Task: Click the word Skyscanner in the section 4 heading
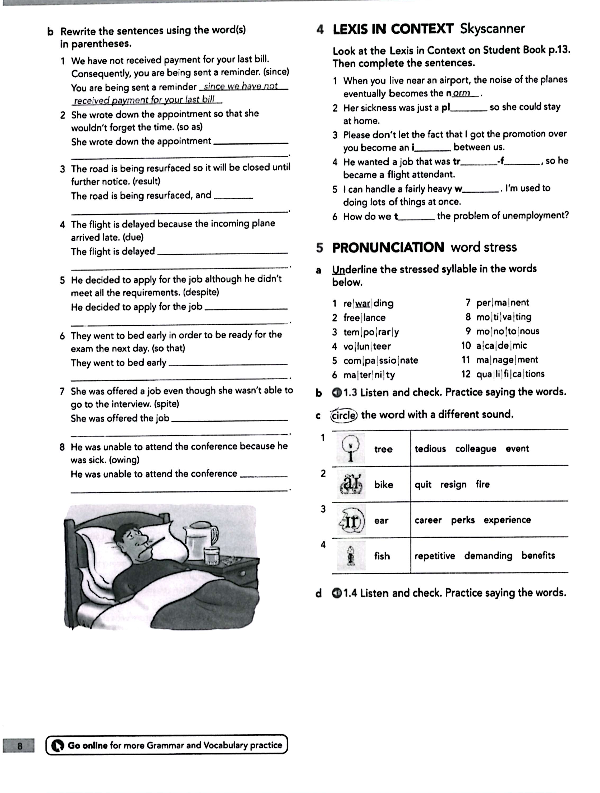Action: point(492,28)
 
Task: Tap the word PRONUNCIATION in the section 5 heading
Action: point(388,247)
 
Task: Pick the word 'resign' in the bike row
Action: point(453,485)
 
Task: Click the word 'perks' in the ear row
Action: point(462,520)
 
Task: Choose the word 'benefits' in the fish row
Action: point(538,556)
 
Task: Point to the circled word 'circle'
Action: point(344,415)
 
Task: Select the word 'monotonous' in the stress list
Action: point(507,331)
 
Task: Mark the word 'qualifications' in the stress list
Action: point(510,374)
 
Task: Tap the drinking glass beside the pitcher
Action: point(211,556)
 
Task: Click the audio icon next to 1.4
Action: point(337,593)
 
